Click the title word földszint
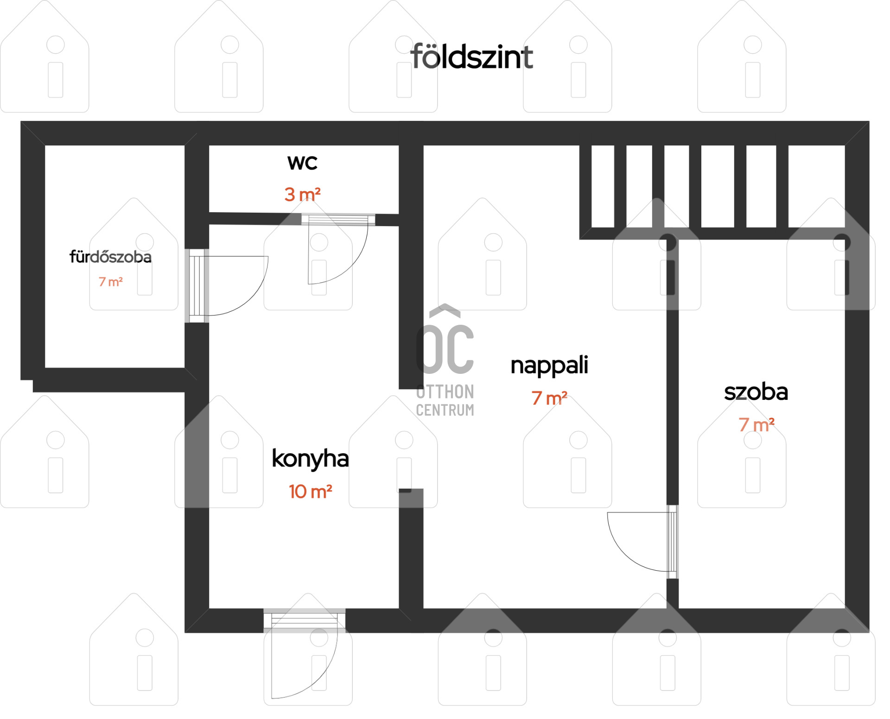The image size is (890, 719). (x=471, y=57)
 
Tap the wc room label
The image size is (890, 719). (x=302, y=163)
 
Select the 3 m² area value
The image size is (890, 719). (x=302, y=194)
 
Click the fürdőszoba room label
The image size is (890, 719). (x=110, y=257)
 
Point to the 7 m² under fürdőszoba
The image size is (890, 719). (x=110, y=282)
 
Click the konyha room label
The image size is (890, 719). (x=310, y=459)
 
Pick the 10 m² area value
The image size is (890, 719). (x=310, y=492)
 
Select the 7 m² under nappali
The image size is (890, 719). (x=549, y=398)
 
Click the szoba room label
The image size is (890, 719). (x=756, y=392)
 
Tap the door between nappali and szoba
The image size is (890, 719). (x=642, y=542)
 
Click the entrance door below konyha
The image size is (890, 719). (x=305, y=653)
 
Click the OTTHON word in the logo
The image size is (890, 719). (x=445, y=392)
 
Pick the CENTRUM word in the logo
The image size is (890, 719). (x=445, y=410)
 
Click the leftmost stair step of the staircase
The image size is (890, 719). (x=603, y=186)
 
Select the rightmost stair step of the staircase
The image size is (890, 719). (x=816, y=186)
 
